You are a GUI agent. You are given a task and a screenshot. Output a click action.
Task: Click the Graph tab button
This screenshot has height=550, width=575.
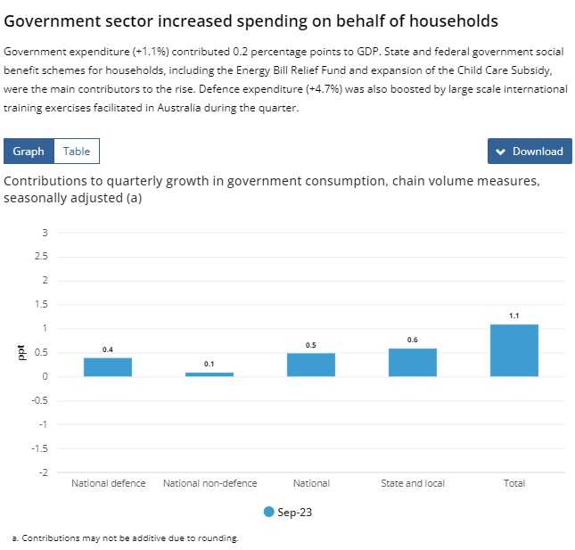pyautogui.click(x=29, y=152)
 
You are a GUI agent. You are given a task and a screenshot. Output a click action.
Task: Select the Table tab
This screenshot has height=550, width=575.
pyautogui.click(x=77, y=152)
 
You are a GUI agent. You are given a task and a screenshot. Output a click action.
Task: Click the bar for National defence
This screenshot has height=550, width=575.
pyautogui.click(x=108, y=366)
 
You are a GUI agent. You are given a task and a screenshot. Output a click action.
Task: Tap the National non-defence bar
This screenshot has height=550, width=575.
pyautogui.click(x=209, y=374)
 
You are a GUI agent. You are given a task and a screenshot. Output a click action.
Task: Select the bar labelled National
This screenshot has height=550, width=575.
pyautogui.click(x=311, y=365)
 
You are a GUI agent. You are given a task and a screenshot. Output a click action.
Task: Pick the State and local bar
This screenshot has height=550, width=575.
pyautogui.click(x=413, y=362)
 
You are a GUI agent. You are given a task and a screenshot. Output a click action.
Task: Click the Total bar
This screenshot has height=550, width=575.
pyautogui.click(x=514, y=350)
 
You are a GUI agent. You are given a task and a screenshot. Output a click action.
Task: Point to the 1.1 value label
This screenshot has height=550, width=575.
pyautogui.click(x=514, y=316)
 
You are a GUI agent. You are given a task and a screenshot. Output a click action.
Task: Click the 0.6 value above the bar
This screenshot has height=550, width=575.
pyautogui.click(x=413, y=340)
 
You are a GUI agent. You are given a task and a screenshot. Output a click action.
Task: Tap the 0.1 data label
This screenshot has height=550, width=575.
pyautogui.click(x=209, y=364)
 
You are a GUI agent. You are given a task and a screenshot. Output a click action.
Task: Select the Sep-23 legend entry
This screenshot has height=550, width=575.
pyautogui.click(x=288, y=513)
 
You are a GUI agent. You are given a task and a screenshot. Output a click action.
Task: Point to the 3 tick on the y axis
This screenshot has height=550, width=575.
pyautogui.click(x=45, y=234)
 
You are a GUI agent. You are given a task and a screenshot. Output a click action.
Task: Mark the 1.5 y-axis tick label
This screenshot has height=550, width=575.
pyautogui.click(x=43, y=305)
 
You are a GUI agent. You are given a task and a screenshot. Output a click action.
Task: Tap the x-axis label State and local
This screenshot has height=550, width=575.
pyautogui.click(x=413, y=483)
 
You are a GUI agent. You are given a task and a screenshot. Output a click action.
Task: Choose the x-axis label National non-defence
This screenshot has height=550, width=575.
pyautogui.click(x=209, y=483)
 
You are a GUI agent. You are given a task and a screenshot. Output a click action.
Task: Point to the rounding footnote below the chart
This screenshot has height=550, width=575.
pyautogui.click(x=126, y=538)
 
